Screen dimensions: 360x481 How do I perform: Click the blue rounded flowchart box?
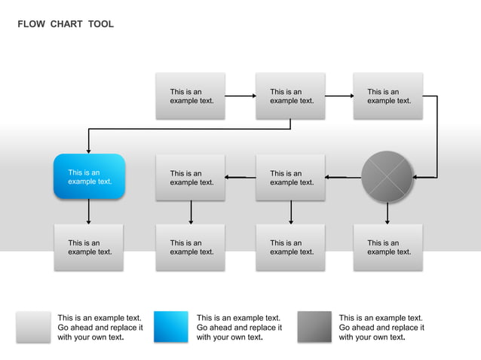[x=89, y=176]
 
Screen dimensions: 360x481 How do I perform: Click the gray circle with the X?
[x=387, y=177]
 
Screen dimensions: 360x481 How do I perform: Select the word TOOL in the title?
[x=100, y=24]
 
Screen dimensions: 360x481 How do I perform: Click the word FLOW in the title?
[x=31, y=24]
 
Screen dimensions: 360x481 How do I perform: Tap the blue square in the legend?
[x=171, y=327]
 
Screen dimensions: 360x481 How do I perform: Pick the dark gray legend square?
[x=314, y=327]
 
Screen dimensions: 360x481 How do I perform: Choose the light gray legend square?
[x=33, y=327]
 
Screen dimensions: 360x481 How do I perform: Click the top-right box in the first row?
[x=388, y=96]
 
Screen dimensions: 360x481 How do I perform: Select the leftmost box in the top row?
[x=190, y=96]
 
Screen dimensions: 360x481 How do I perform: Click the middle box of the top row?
[x=290, y=96]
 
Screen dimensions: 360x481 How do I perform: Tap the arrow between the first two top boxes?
[x=240, y=96]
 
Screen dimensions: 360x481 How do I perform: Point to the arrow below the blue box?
[x=89, y=211]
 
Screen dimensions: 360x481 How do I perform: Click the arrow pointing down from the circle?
[x=388, y=213]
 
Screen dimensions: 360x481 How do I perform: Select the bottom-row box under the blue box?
[x=89, y=247]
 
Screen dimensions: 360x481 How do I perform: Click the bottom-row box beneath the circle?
[x=388, y=247]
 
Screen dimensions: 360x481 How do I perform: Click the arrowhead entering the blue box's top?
[x=89, y=150]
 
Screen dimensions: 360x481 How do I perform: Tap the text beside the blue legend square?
[x=239, y=328]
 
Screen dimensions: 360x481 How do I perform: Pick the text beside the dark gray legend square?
[x=381, y=328]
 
